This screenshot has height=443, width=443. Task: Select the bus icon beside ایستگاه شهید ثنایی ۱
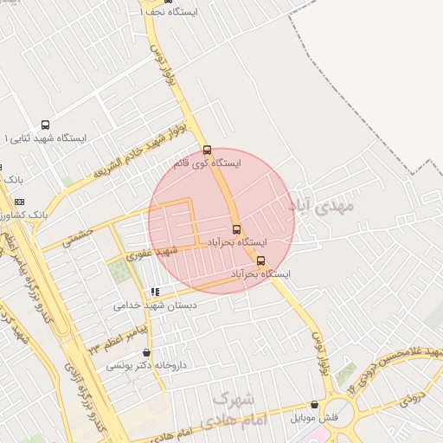point(45,125)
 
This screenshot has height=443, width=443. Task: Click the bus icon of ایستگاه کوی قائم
point(207,150)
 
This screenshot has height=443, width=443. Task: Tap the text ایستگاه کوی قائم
point(206,163)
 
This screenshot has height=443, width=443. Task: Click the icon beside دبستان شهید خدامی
point(155,292)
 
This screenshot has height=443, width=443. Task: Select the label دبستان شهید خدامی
point(155,305)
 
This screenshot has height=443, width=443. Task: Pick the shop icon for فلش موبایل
point(313,405)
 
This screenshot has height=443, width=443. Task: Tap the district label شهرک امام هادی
point(234,410)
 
